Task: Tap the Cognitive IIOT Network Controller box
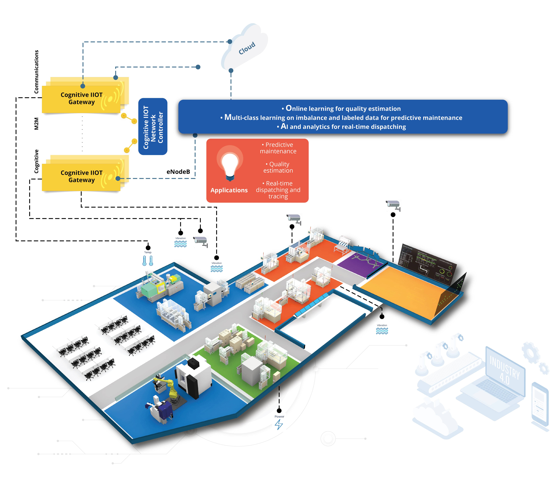pyautogui.click(x=153, y=127)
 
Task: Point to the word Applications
pyautogui.click(x=229, y=190)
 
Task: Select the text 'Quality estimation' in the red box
pyautogui.click(x=278, y=167)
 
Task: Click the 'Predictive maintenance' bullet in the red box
pyautogui.click(x=278, y=148)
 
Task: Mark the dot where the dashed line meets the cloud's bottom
pyautogui.click(x=231, y=71)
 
